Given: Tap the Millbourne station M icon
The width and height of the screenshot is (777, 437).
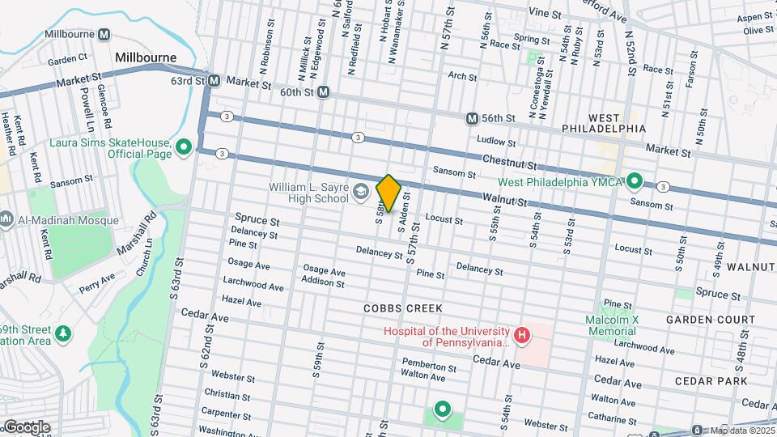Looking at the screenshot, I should point(104,35).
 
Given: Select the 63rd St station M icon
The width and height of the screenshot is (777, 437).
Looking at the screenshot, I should point(214,81).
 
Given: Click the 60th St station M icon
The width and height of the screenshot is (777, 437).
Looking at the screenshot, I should point(323,92).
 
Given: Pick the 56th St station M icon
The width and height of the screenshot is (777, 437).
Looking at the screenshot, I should point(472,118).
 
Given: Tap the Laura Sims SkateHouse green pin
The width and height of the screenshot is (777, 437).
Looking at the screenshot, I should point(185,147).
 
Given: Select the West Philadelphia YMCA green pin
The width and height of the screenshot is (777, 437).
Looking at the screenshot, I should point(635,181).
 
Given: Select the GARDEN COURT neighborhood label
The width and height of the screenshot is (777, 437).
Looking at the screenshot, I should point(711,320).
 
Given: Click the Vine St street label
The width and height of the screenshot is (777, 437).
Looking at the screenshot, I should point(544,14).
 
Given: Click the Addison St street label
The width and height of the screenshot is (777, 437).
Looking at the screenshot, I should point(322,283).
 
